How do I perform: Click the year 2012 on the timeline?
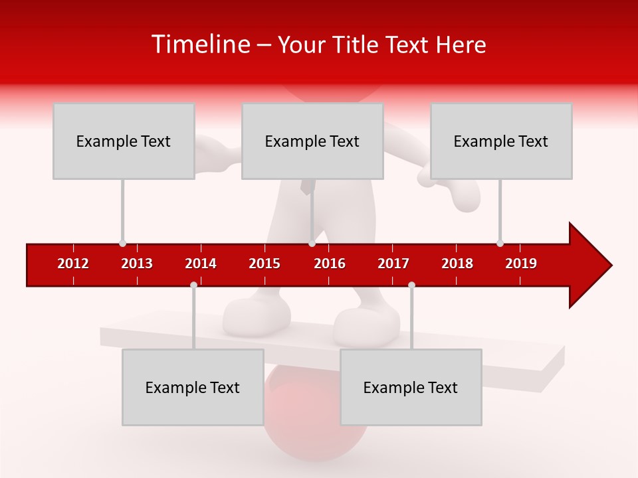pyautogui.click(x=73, y=264)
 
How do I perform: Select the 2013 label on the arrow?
pyautogui.click(x=137, y=264)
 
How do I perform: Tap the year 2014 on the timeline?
pyautogui.click(x=201, y=264)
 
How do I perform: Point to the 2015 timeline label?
pyautogui.click(x=265, y=264)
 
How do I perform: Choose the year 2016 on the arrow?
pyautogui.click(x=330, y=264)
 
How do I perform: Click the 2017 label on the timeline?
pyautogui.click(x=393, y=264)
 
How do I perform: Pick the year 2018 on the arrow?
pyautogui.click(x=457, y=264)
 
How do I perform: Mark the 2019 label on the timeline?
pyautogui.click(x=521, y=264)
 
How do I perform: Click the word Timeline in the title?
pyautogui.click(x=199, y=44)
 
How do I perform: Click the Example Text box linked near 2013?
pyautogui.click(x=124, y=141)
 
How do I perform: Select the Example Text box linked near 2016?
pyautogui.click(x=312, y=141)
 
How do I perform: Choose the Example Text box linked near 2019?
pyautogui.click(x=501, y=141)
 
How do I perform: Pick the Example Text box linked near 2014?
pyautogui.click(x=193, y=387)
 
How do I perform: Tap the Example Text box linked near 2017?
pyautogui.click(x=411, y=387)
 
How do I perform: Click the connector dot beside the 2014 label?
pyautogui.click(x=193, y=285)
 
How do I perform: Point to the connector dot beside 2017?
pyautogui.click(x=411, y=285)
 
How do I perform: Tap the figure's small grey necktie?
pyautogui.click(x=305, y=187)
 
